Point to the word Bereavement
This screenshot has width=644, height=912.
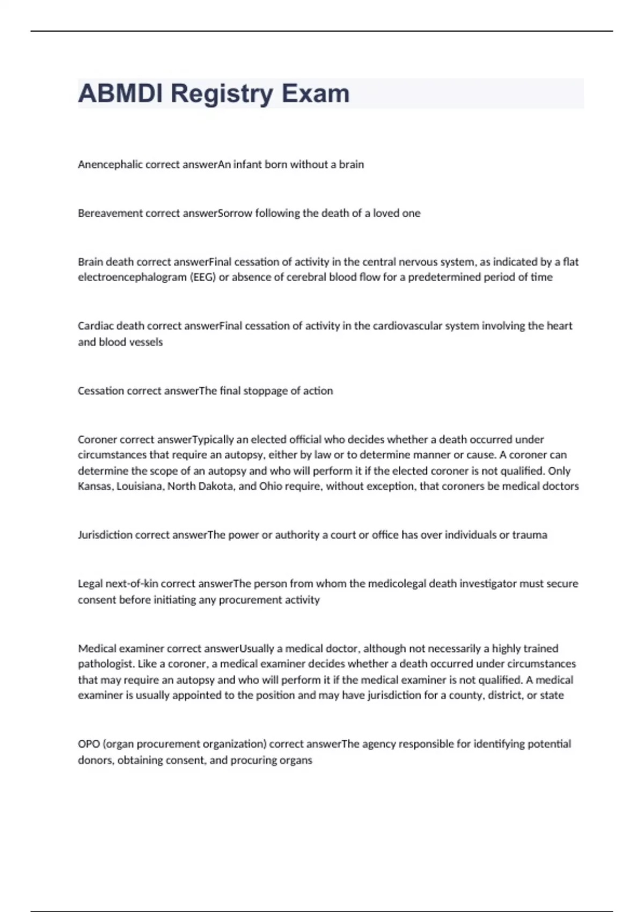[110, 214]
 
